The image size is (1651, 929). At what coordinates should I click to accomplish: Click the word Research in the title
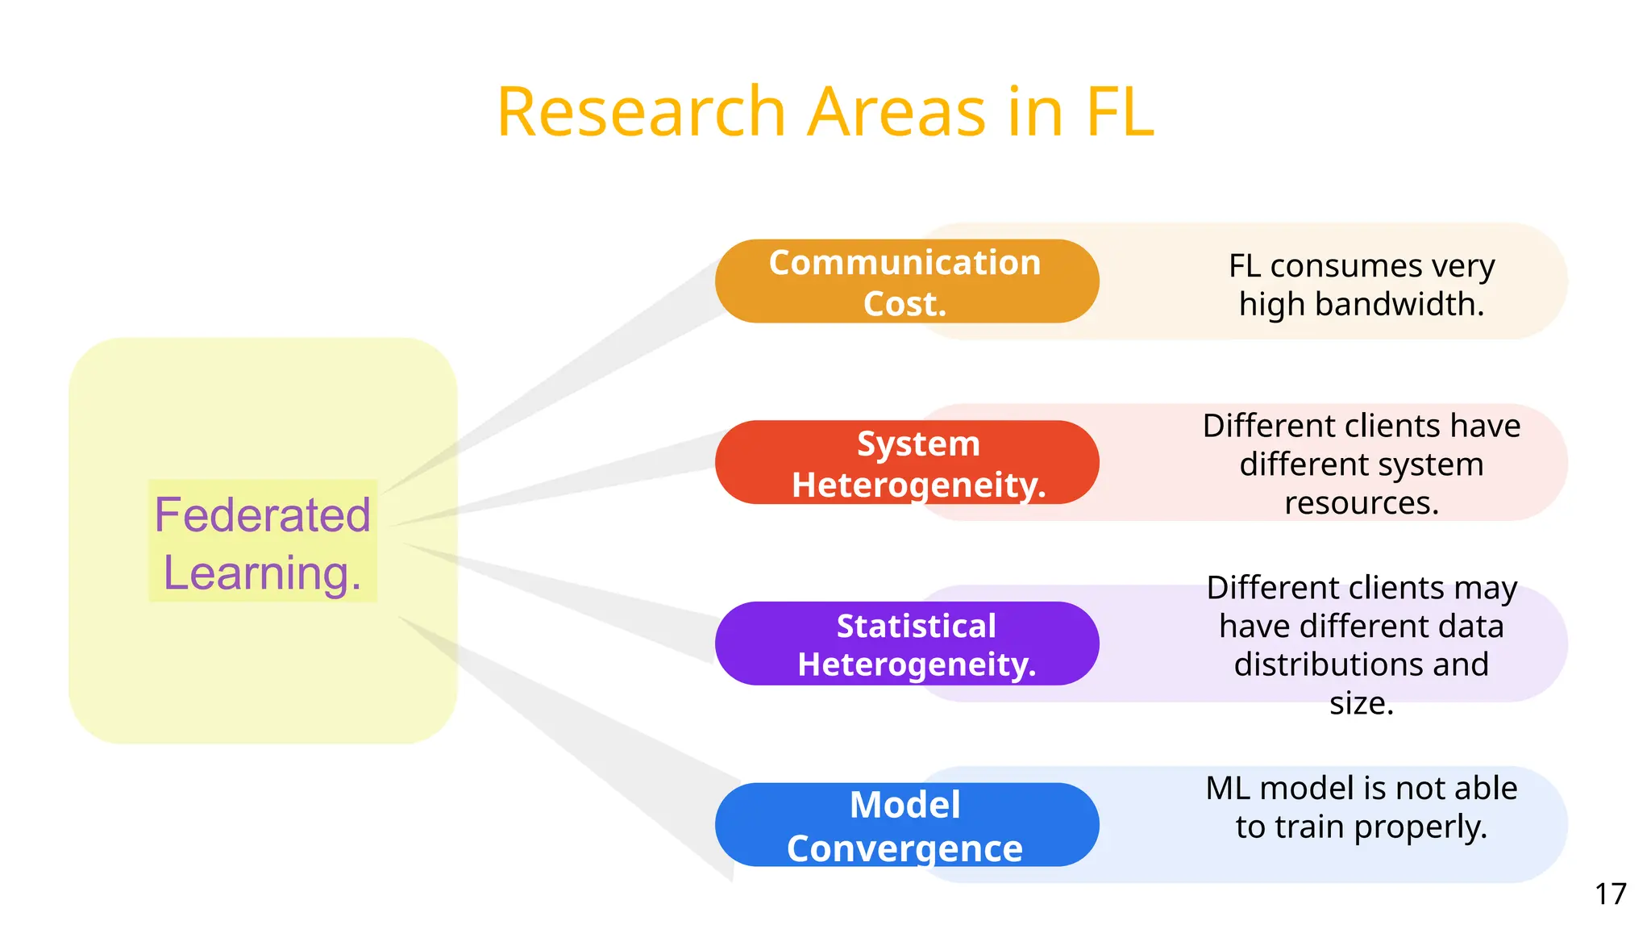coord(641,112)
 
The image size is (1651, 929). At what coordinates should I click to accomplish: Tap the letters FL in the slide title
coord(1120,112)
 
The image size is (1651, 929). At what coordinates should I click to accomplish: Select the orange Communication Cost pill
coord(906,281)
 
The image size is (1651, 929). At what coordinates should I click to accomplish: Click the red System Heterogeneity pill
coord(906,462)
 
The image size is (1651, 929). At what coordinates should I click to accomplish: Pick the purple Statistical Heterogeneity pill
coord(906,644)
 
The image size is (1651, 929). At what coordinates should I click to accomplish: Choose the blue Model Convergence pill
coord(906,824)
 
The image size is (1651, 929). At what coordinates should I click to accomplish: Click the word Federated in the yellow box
coord(262,514)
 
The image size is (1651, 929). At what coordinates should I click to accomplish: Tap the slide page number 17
coord(1610,894)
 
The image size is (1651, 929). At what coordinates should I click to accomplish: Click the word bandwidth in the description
coord(1399,304)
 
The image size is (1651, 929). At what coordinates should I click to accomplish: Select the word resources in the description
coord(1361,503)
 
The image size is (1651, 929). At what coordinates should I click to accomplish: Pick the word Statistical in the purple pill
coord(916,626)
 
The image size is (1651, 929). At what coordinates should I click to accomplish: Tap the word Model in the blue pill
coord(905,805)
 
